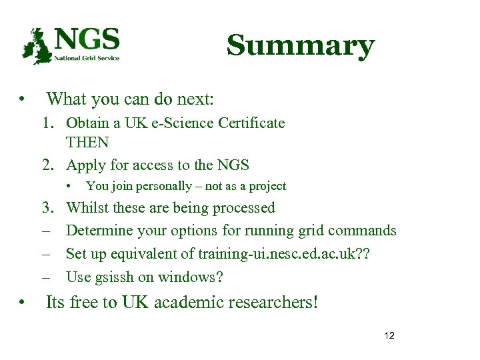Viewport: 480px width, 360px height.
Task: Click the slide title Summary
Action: click(300, 46)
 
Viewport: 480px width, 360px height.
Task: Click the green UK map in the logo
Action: click(37, 46)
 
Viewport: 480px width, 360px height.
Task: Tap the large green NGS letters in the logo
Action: click(87, 39)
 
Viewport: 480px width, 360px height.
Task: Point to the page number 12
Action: click(389, 335)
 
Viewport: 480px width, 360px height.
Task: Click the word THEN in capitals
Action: click(87, 143)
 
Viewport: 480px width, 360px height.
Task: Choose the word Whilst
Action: click(87, 208)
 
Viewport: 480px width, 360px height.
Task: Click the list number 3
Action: click(47, 208)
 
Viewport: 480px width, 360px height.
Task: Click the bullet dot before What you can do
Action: click(23, 101)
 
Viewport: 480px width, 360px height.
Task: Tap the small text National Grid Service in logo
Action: click(87, 58)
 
